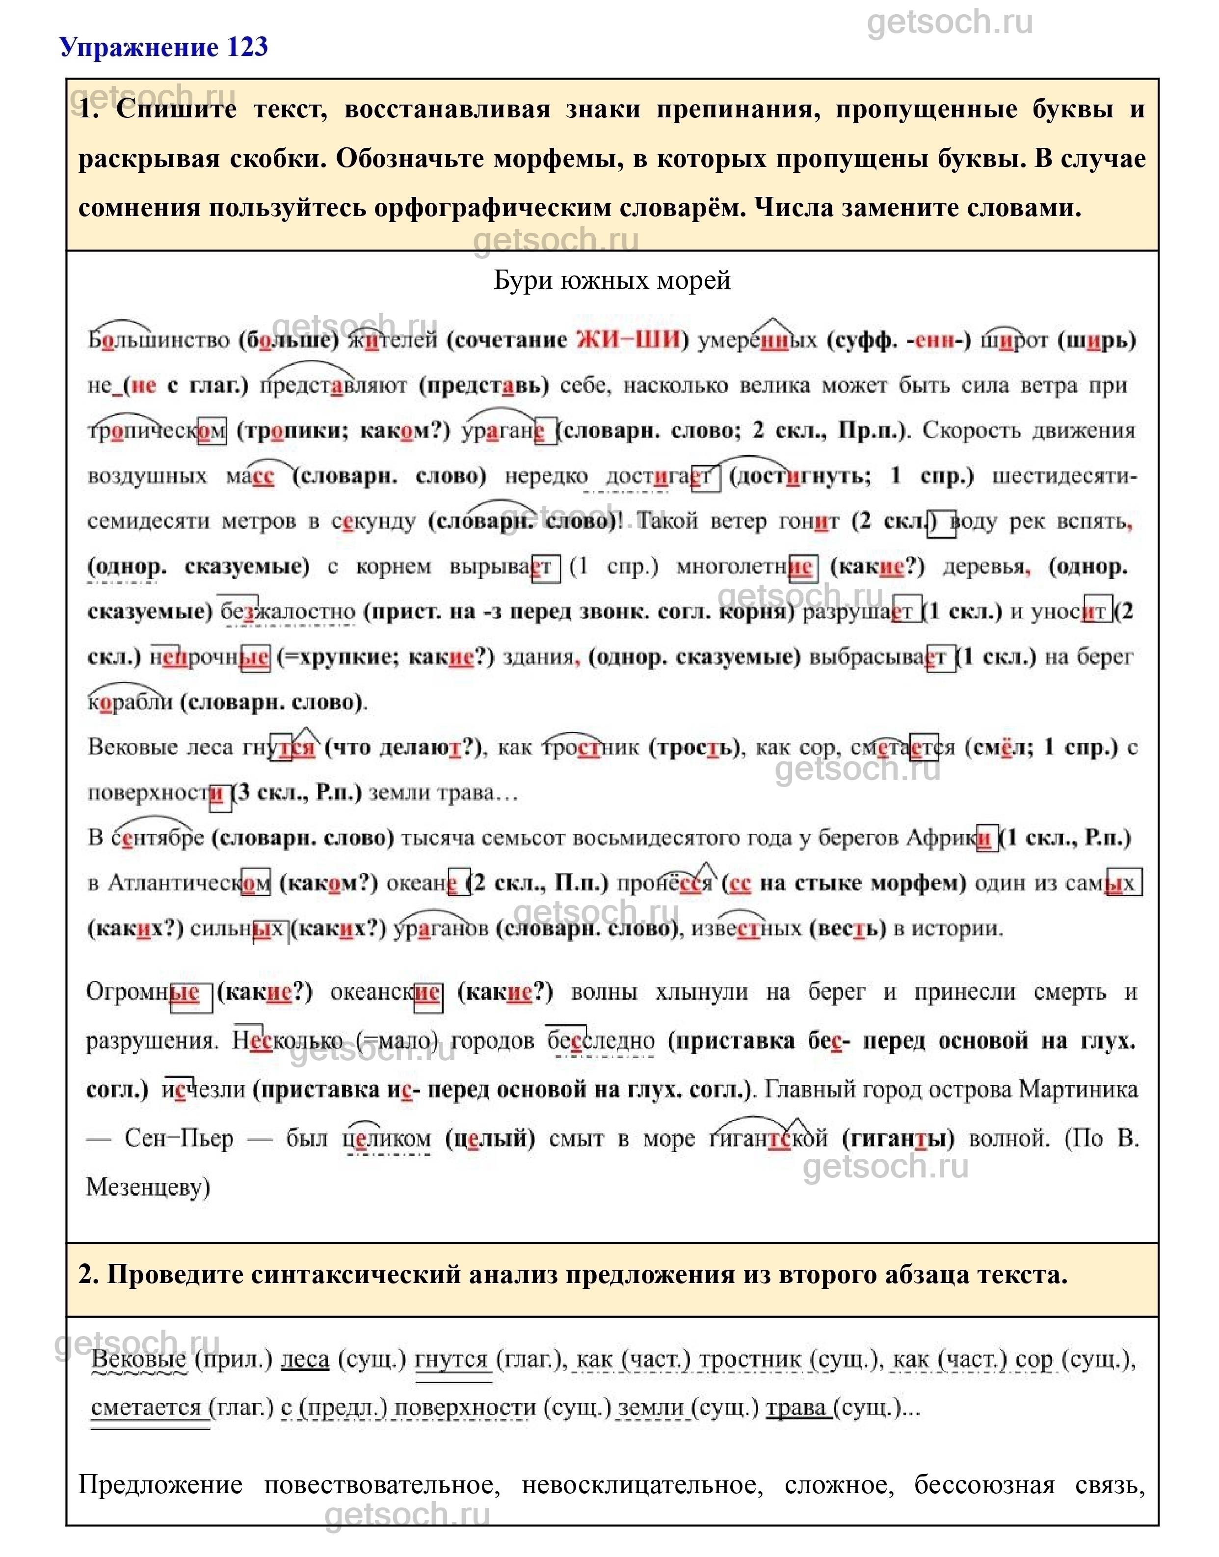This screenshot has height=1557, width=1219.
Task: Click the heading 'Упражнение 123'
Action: [163, 47]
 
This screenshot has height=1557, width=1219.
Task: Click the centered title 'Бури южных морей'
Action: [611, 280]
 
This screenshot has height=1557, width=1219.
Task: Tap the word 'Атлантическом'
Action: [188, 884]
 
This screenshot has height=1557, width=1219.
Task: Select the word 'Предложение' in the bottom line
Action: [160, 1485]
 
